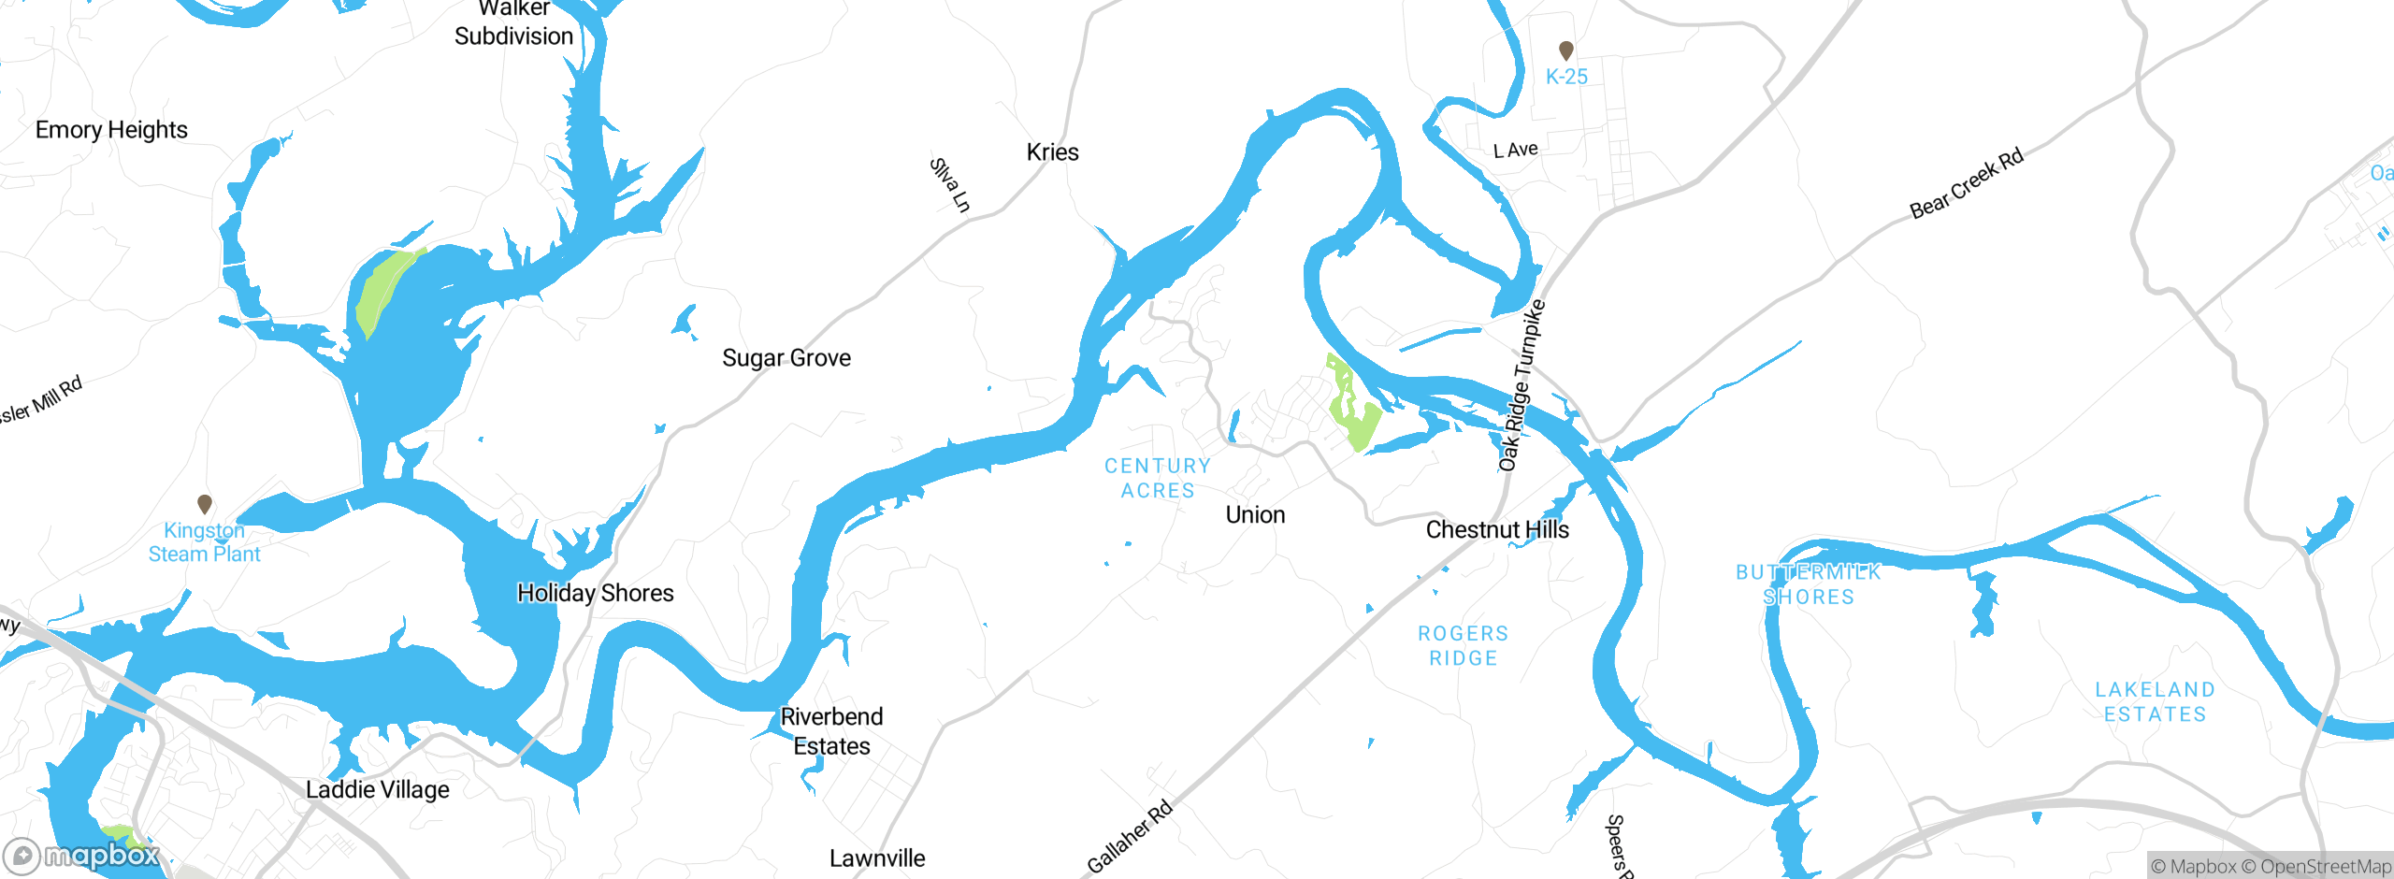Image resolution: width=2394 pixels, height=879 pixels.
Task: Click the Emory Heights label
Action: pyautogui.click(x=111, y=130)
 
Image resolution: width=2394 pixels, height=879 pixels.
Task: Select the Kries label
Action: pyautogui.click(x=1052, y=152)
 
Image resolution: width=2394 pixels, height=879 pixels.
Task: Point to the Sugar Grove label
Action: pyautogui.click(x=786, y=358)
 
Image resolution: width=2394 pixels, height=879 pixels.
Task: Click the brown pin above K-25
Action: pyautogui.click(x=1566, y=50)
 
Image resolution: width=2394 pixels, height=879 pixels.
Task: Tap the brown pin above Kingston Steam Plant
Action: pyautogui.click(x=205, y=504)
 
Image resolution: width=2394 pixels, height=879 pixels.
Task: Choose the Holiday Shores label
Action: pyautogui.click(x=595, y=593)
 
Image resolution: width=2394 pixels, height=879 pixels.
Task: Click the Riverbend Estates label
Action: pyautogui.click(x=831, y=731)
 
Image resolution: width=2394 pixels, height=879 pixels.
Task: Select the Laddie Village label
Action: pyautogui.click(x=378, y=790)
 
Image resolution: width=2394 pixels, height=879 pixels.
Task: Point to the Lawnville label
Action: pyautogui.click(x=877, y=858)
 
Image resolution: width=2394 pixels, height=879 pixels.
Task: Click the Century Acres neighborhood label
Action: pyautogui.click(x=1158, y=478)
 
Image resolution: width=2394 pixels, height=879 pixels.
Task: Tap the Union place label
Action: pyautogui.click(x=1255, y=515)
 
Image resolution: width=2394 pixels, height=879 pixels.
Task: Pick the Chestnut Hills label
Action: pyautogui.click(x=1497, y=530)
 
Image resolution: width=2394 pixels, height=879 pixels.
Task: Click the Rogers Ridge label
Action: pyautogui.click(x=1464, y=646)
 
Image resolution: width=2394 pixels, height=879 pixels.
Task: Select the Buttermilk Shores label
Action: pyautogui.click(x=1808, y=584)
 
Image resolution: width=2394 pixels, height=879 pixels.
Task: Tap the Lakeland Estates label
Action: pyautogui.click(x=2155, y=702)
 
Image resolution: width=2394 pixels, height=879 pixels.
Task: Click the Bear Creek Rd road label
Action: pyautogui.click(x=1966, y=184)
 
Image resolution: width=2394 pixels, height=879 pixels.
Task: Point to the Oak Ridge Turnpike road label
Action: pyautogui.click(x=1521, y=385)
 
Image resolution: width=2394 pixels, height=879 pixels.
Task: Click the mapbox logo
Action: pyautogui.click(x=82, y=856)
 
